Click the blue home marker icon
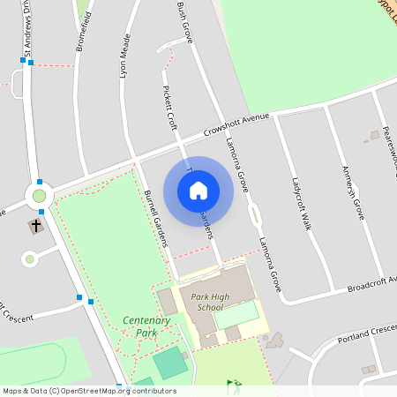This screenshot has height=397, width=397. (198, 190)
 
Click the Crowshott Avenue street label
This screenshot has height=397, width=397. (236, 123)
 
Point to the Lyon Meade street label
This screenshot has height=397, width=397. (125, 57)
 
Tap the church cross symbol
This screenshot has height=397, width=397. (36, 226)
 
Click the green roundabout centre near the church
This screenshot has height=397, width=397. (39, 195)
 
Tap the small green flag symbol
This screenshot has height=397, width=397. (233, 384)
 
